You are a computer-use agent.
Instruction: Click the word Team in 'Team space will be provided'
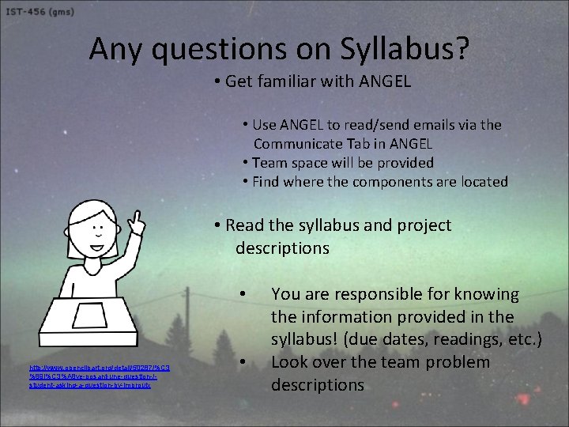(270, 163)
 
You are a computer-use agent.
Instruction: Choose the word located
(480, 182)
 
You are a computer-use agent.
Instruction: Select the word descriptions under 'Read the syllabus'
(282, 248)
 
